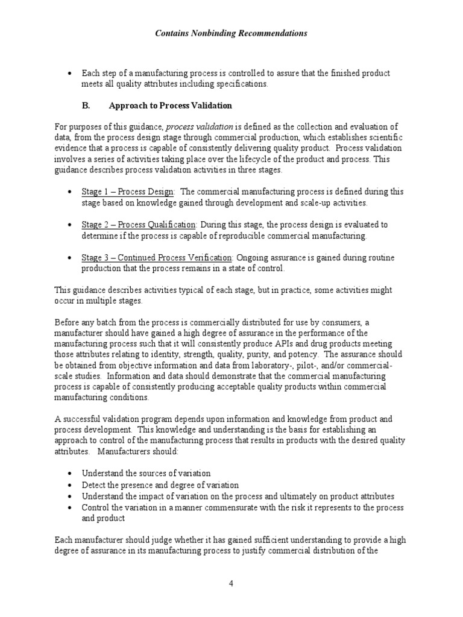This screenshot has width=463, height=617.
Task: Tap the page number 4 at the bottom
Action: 231,583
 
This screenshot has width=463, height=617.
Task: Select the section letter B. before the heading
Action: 86,105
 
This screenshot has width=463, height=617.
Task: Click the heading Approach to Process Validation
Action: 170,105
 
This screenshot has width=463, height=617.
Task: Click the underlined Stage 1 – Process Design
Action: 128,192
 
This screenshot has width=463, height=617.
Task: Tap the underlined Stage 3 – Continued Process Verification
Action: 156,258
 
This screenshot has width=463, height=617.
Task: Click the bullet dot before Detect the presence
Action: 71,486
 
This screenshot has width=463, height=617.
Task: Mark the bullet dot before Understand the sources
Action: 71,474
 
